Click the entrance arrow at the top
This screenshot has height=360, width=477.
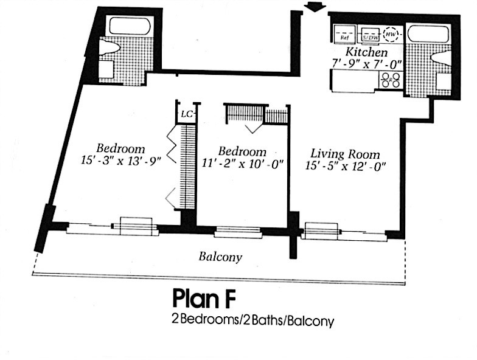314,6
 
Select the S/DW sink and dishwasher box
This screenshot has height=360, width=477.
369,35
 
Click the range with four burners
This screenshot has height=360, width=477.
389,80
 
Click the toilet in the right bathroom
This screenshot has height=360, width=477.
440,58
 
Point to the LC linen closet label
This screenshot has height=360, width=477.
186,114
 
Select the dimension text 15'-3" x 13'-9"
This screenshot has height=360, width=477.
120,161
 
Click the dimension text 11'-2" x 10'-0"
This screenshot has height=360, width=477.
242,163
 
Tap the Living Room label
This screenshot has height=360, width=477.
345,154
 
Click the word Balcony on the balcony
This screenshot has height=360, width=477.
220,257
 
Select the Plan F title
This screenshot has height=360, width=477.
203,299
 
